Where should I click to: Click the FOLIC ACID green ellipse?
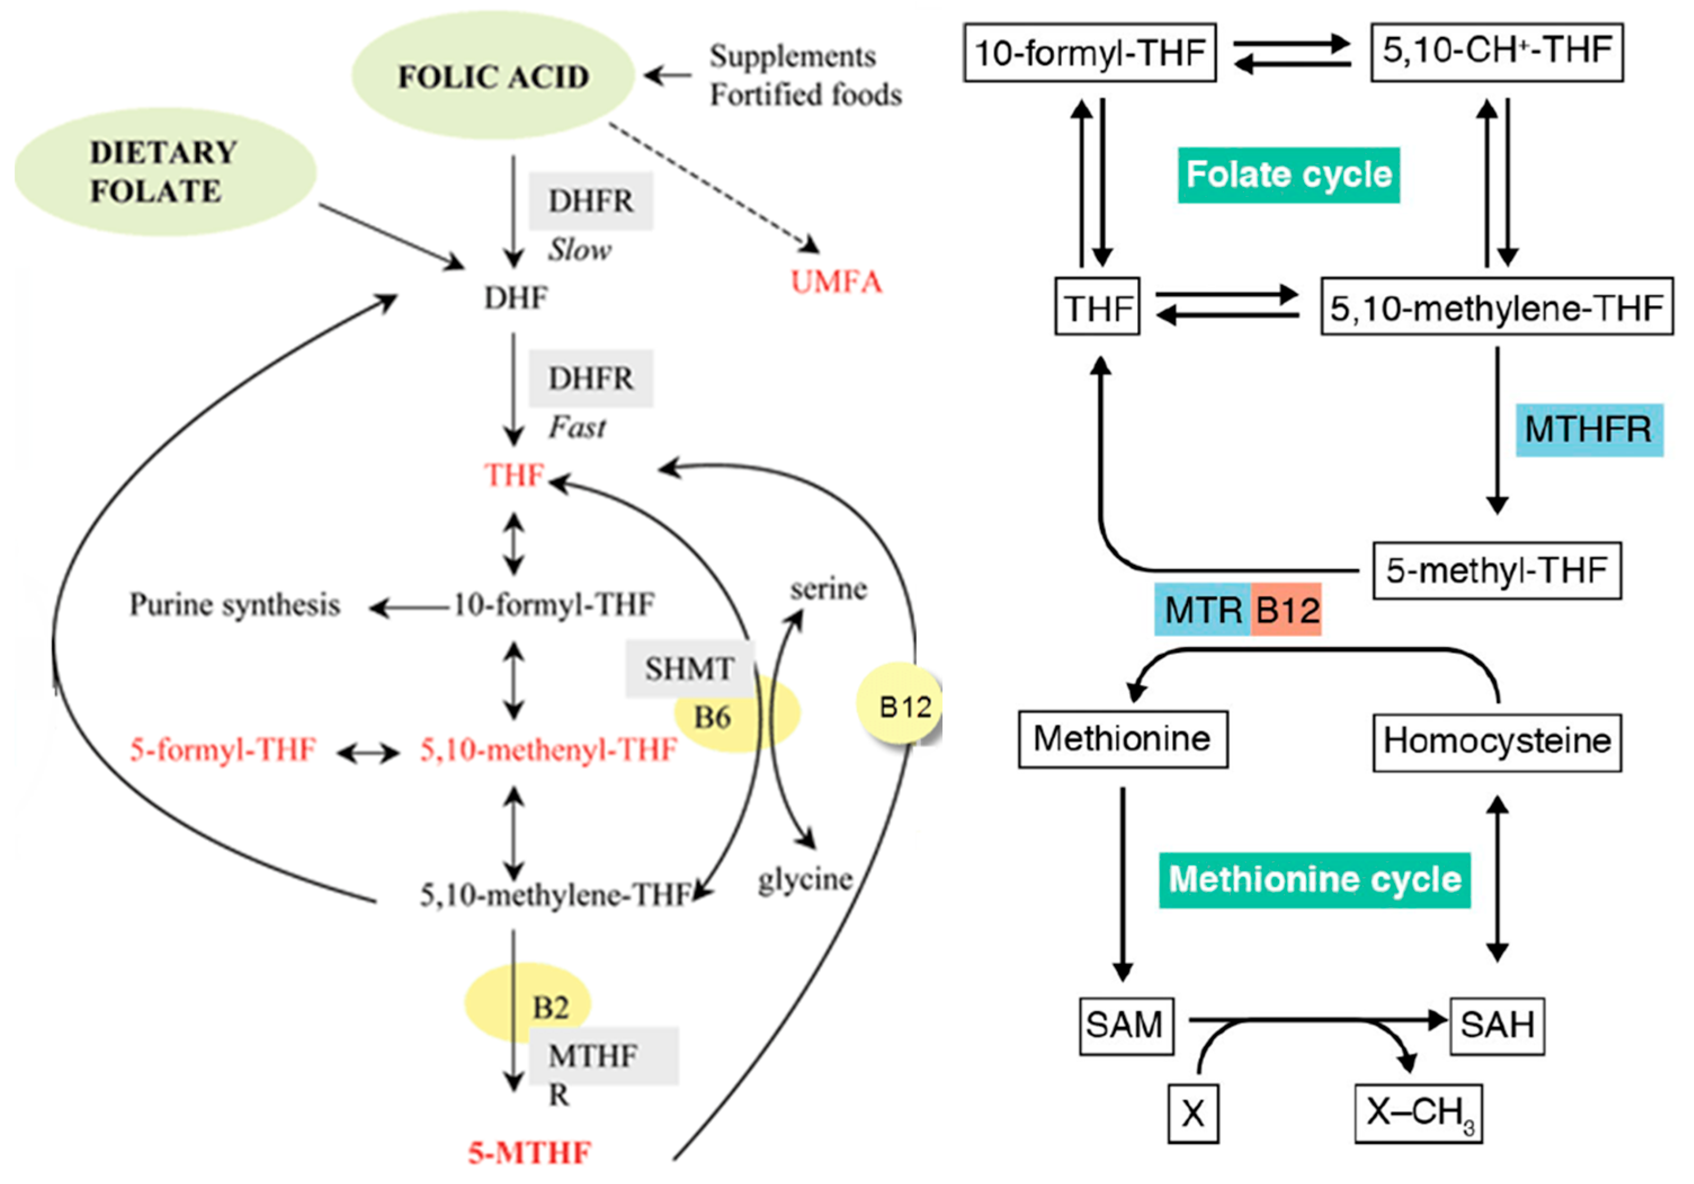coord(492,76)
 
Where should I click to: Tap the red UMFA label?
coord(836,282)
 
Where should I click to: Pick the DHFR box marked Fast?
coord(590,378)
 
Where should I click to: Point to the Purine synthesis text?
coord(235,605)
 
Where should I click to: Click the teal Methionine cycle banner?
coord(1314,880)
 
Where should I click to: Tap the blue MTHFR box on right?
coord(1589,430)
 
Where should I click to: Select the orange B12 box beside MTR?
coord(1286,609)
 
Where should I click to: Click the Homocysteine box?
coord(1496,741)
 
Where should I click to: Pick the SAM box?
coord(1126,1025)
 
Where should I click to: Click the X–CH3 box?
coord(1418,1112)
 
